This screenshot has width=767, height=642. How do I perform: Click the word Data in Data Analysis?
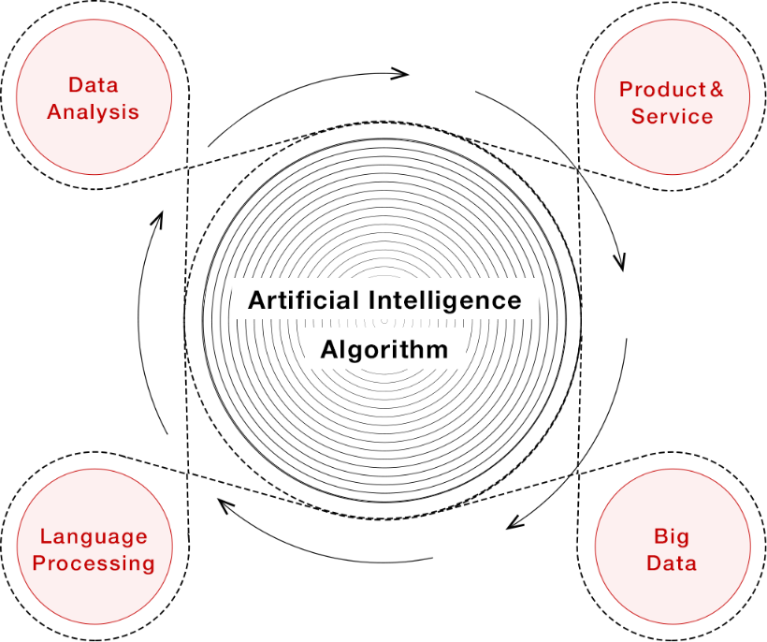94,86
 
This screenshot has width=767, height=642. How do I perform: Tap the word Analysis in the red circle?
94,112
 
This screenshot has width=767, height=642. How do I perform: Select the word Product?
662,90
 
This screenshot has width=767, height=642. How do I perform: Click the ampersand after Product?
716,90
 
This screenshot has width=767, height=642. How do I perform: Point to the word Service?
672,117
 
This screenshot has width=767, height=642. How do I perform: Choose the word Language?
94,537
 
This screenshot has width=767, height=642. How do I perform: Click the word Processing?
94,563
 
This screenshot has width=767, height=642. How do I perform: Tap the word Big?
672,537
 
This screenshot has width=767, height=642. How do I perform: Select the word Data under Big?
672,563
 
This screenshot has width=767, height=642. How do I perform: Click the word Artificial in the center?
303,301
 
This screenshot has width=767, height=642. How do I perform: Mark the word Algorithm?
384,351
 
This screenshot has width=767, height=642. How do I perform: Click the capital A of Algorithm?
329,350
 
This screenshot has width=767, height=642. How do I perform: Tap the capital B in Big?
659,537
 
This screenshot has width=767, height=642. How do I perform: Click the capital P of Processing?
39,563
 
